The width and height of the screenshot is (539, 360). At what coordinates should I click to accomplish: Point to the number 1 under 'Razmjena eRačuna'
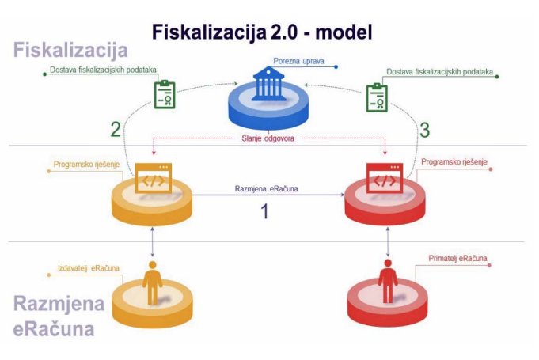(x=265, y=213)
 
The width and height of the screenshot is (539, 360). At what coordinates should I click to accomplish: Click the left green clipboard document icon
(x=164, y=94)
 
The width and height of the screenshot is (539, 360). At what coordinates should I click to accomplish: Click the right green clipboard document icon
(x=377, y=97)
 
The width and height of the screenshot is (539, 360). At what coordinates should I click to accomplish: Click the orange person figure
(x=152, y=278)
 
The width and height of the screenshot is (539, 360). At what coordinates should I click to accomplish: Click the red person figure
(x=387, y=278)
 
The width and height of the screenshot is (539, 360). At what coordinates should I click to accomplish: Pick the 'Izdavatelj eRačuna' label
(x=89, y=267)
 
